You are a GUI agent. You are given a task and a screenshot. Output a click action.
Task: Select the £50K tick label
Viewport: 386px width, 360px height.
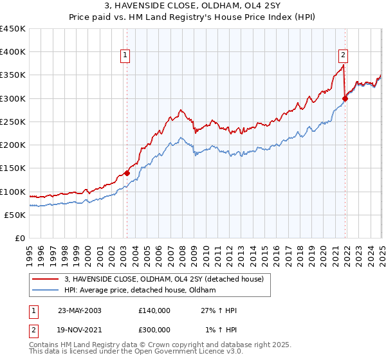point(15,215)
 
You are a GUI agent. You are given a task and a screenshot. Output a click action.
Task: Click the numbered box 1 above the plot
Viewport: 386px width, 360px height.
point(124,55)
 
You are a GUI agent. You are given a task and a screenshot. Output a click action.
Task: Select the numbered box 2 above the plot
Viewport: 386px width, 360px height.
point(344,55)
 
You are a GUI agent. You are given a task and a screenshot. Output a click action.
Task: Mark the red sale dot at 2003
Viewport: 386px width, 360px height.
point(127,172)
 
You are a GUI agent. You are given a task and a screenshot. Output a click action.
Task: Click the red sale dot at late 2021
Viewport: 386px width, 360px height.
point(345,98)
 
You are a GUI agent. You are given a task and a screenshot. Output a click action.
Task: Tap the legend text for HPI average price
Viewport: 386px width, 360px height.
point(140,291)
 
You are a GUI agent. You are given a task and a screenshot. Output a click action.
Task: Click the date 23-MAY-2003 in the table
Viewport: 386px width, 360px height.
point(80,310)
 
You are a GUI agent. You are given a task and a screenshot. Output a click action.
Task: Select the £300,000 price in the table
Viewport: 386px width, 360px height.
point(154,329)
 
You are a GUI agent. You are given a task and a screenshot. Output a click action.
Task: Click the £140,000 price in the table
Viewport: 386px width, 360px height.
point(154,310)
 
